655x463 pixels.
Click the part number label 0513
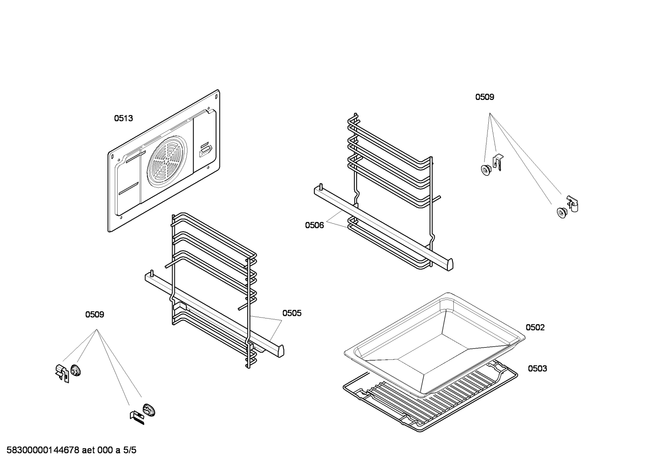tap(123, 119)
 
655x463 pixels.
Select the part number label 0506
tap(314, 225)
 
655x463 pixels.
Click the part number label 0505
tap(292, 313)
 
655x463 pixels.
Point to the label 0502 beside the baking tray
tap(535, 328)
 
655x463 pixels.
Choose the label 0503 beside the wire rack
tap(537, 368)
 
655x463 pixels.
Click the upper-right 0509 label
tap(485, 97)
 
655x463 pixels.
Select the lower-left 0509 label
tap(94, 314)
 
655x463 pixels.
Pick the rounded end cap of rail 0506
tap(450, 264)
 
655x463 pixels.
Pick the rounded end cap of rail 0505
tap(280, 351)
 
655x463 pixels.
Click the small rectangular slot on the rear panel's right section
tap(205, 149)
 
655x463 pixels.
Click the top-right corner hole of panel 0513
tap(216, 96)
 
